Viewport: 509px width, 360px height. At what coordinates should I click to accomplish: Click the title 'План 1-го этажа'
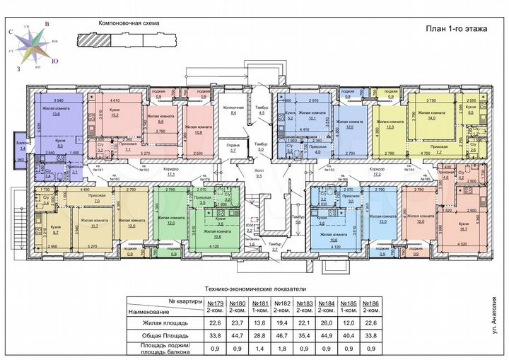point(453,28)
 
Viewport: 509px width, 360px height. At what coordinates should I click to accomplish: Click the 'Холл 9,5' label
point(259,174)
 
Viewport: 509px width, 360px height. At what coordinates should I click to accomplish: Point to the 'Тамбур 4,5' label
point(261,111)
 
